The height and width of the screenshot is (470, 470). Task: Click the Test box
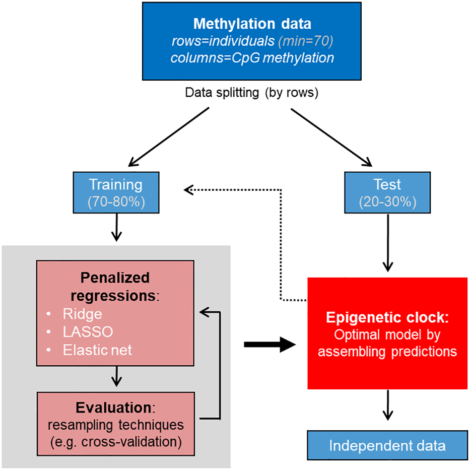(387, 193)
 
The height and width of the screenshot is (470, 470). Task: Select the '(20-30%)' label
(387, 202)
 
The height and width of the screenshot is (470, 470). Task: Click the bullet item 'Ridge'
(82, 314)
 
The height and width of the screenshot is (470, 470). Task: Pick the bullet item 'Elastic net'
(97, 350)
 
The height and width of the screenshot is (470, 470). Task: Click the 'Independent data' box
(387, 445)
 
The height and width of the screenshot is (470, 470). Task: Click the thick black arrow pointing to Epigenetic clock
(269, 345)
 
